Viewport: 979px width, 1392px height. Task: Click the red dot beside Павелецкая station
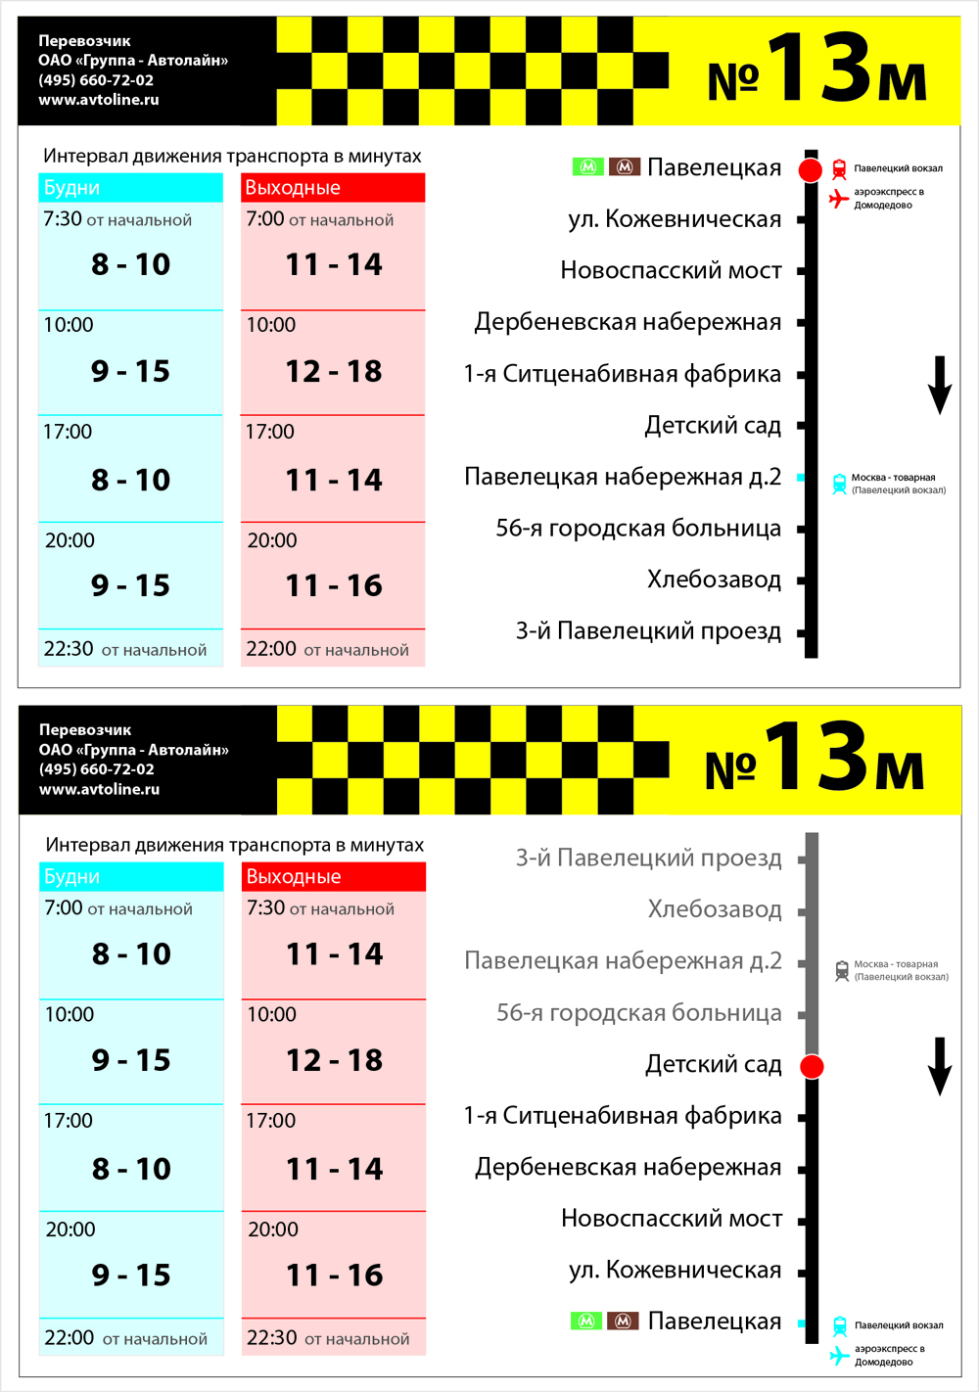coord(811,170)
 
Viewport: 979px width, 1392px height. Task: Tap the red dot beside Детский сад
coord(812,1066)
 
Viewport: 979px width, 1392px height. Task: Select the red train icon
coord(839,169)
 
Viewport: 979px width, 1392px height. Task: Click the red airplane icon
coord(839,199)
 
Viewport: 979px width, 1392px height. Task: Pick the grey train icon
coord(841,970)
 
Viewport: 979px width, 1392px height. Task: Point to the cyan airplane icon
coord(839,1355)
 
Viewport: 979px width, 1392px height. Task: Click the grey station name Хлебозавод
coord(715,909)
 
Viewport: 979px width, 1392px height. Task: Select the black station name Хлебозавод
coord(714,580)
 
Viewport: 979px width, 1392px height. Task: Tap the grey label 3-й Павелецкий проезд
coord(648,858)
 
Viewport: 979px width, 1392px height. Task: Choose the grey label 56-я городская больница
coord(638,1012)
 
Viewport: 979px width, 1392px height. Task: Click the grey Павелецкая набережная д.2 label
coord(623,961)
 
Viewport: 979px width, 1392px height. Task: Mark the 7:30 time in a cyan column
coord(63,219)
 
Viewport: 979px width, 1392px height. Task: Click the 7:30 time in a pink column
coord(266,908)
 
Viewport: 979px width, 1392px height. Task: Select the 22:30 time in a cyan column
coord(69,649)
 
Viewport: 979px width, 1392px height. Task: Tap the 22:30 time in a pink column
coord(272,1338)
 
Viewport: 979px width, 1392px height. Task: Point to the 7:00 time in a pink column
coord(265,219)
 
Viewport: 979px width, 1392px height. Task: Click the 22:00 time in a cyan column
coord(70,1338)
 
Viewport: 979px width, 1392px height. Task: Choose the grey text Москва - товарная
coord(896,964)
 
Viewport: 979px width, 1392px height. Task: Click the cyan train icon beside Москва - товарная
coord(839,484)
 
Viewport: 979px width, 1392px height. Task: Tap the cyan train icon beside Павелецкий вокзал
coord(839,1326)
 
